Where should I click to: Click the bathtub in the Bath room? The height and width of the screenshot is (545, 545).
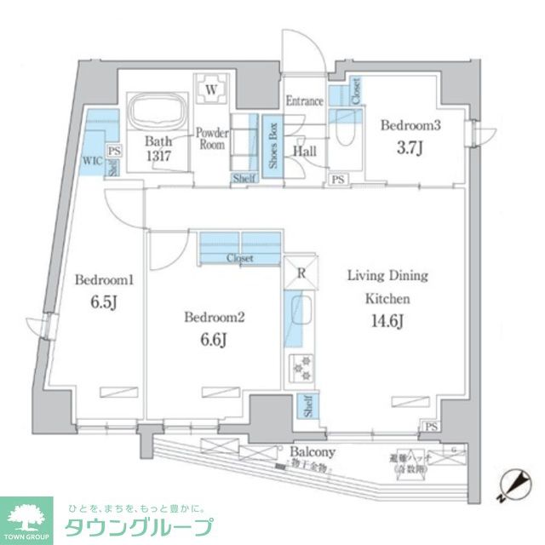pyautogui.click(x=155, y=111)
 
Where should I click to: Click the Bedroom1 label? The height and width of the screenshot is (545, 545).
pyautogui.click(x=100, y=280)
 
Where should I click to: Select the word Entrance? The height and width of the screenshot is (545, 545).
pyautogui.click(x=304, y=101)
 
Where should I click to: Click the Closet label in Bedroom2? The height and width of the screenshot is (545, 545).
pyautogui.click(x=239, y=257)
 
